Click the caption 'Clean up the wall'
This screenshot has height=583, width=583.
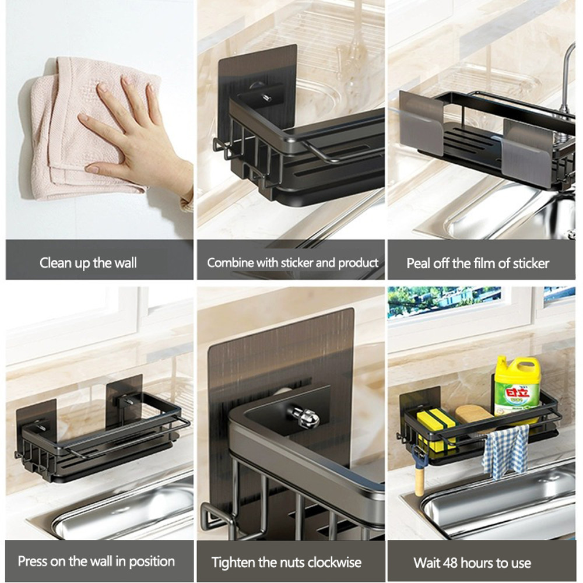click(88, 263)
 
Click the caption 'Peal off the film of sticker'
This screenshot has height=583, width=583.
click(477, 264)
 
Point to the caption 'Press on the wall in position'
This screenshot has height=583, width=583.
click(96, 561)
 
